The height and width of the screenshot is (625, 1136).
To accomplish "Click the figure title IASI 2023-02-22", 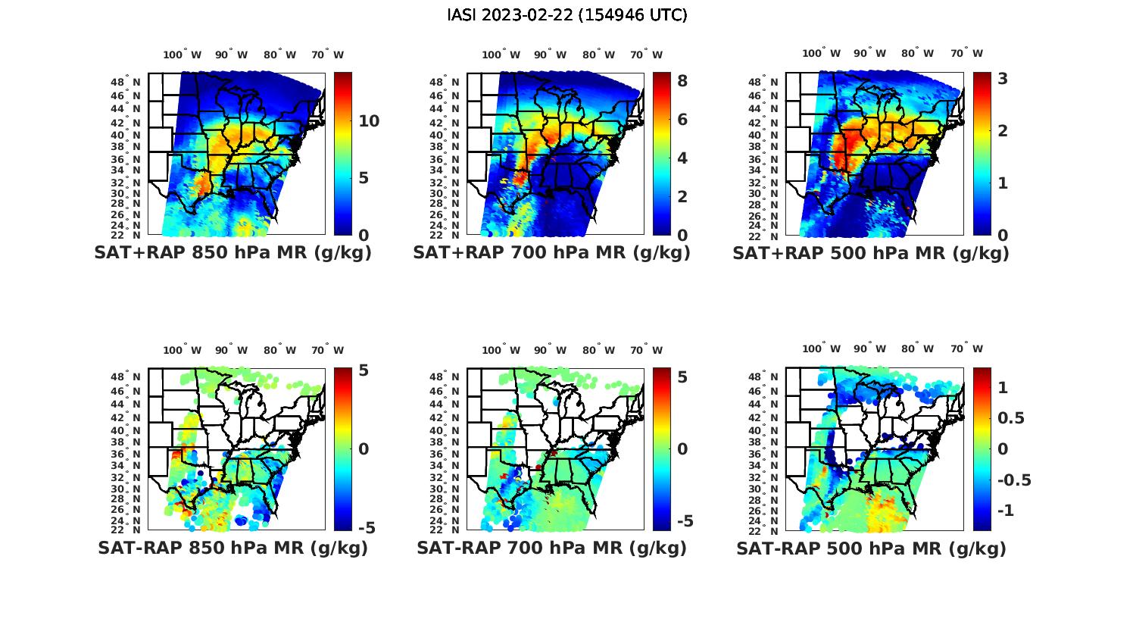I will click(567, 14).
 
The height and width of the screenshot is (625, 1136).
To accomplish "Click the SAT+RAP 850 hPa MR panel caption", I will click(233, 253).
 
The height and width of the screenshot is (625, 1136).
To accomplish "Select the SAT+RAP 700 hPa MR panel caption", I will click(551, 253).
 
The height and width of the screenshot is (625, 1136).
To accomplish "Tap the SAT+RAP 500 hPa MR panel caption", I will click(871, 253).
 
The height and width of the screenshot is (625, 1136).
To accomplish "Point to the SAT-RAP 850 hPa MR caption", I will click(233, 548).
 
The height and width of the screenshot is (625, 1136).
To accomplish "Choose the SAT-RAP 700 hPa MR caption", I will click(551, 548).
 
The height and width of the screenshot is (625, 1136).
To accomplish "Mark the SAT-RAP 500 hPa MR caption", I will click(871, 548).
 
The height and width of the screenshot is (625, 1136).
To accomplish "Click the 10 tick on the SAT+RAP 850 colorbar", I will click(369, 121).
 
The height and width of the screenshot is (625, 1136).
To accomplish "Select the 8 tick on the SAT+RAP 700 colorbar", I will click(682, 80).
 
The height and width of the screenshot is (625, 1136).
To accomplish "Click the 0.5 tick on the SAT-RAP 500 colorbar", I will click(1012, 418).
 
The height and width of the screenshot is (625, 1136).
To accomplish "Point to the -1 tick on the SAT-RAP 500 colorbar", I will click(1006, 511).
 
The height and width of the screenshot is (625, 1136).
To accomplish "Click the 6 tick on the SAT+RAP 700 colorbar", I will click(682, 119).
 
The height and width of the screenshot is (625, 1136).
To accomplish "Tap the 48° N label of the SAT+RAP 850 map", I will click(126, 82).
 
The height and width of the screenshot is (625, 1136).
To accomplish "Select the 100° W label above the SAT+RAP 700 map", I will click(501, 55).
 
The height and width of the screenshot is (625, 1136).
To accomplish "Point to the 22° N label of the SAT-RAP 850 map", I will click(126, 530).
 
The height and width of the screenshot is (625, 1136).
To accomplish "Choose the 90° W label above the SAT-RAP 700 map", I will click(550, 350).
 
